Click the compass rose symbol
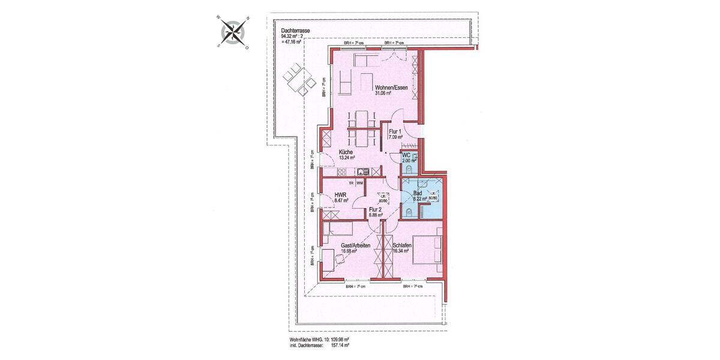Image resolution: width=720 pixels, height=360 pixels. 234,32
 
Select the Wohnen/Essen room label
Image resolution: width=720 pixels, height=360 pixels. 391,88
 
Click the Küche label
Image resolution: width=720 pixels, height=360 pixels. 346,152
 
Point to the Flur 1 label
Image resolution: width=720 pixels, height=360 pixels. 395,131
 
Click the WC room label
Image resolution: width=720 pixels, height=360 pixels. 406,155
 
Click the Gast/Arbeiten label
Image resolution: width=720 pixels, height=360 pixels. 355,245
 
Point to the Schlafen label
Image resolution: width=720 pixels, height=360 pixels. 401,245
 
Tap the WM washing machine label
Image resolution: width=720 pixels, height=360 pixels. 360,182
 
